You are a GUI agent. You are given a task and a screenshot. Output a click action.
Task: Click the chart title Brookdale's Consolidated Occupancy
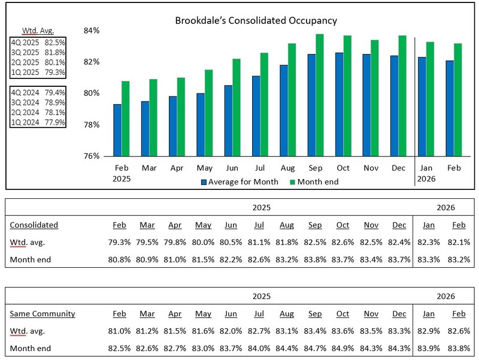pos(256,20)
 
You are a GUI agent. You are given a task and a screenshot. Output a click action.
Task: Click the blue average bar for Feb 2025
pos(117,130)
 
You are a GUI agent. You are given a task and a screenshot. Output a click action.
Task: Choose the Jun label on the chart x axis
pos(232,169)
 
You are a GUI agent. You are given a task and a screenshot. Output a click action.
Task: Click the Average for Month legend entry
pos(236,181)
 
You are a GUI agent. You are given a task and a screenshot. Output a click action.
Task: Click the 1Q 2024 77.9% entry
pos(38,122)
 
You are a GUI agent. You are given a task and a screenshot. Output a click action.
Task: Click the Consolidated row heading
pos(34,225)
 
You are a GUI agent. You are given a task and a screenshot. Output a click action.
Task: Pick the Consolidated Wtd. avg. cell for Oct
pos(342,243)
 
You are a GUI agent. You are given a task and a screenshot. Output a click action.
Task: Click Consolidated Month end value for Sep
pos(315,260)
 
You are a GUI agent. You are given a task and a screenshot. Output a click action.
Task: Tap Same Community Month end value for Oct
pos(342,348)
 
